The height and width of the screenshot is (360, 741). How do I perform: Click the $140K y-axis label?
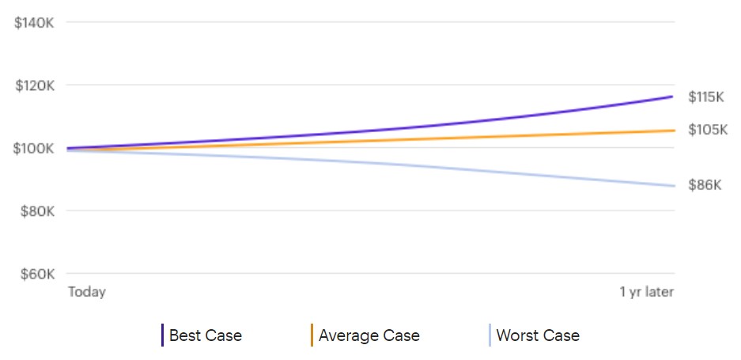[35, 23]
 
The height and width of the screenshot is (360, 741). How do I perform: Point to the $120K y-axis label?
[36, 85]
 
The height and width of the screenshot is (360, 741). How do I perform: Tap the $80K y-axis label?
[38, 211]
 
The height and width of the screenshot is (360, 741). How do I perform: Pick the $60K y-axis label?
[38, 274]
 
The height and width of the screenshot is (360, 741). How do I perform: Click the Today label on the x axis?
[87, 292]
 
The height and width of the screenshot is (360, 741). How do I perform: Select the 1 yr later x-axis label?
[646, 292]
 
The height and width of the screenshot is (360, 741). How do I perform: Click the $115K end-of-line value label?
[706, 97]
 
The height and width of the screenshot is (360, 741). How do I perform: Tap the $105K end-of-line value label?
[708, 129]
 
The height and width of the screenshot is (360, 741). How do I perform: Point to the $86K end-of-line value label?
[705, 185]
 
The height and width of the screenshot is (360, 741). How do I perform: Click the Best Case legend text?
[206, 335]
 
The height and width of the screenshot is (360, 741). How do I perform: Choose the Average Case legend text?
[369, 335]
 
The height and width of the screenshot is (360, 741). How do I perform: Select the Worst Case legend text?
[538, 335]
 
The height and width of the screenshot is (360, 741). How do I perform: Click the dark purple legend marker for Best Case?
[163, 335]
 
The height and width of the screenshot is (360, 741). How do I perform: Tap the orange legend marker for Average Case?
[312, 335]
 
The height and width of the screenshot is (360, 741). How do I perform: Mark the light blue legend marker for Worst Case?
[490, 335]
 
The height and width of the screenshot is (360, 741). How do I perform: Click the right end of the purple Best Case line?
[673, 97]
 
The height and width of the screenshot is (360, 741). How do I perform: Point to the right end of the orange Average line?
[675, 130]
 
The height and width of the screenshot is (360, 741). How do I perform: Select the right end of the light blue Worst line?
[675, 186]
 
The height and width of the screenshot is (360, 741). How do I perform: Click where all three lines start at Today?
[69, 149]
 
